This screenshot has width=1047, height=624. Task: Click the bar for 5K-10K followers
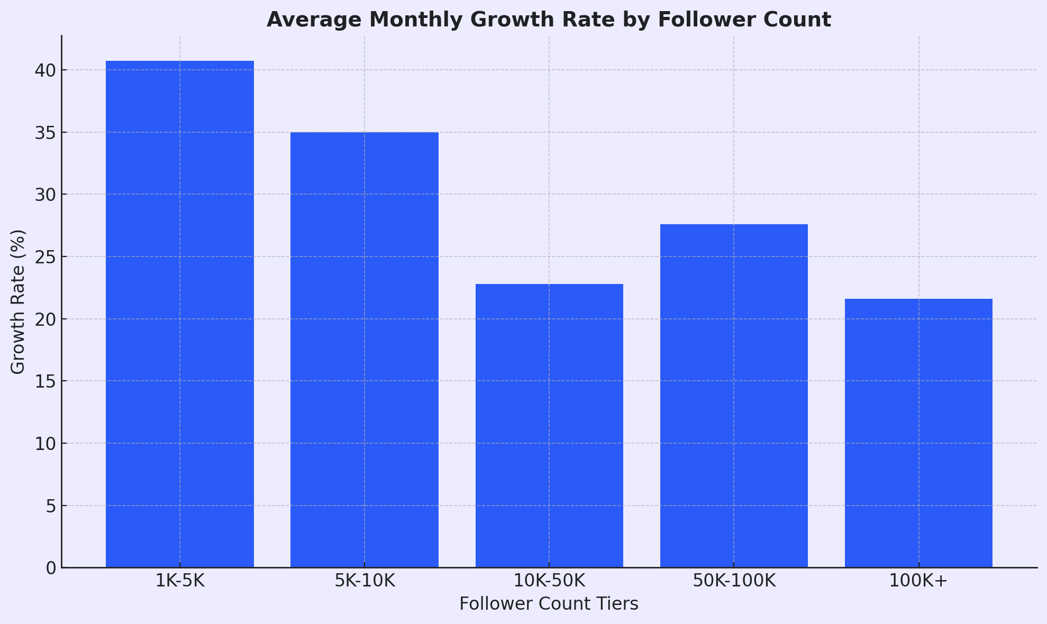365,350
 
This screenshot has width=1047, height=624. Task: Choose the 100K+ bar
918,433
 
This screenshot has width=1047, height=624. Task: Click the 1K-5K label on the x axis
180,581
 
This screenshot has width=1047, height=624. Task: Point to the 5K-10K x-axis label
365,581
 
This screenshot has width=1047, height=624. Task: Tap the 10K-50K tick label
549,581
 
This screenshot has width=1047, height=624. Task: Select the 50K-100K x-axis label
734,581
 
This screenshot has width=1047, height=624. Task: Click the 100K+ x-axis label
918,581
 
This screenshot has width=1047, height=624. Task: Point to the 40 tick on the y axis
45,70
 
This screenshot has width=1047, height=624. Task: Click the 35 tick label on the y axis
45,133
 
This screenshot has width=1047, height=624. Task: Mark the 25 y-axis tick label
45,257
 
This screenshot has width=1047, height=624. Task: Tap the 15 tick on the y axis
45,381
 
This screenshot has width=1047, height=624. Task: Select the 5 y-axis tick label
51,506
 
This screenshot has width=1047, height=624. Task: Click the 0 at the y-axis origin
51,568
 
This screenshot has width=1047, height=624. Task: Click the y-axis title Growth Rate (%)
18,301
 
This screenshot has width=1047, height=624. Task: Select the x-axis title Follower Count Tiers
549,604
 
